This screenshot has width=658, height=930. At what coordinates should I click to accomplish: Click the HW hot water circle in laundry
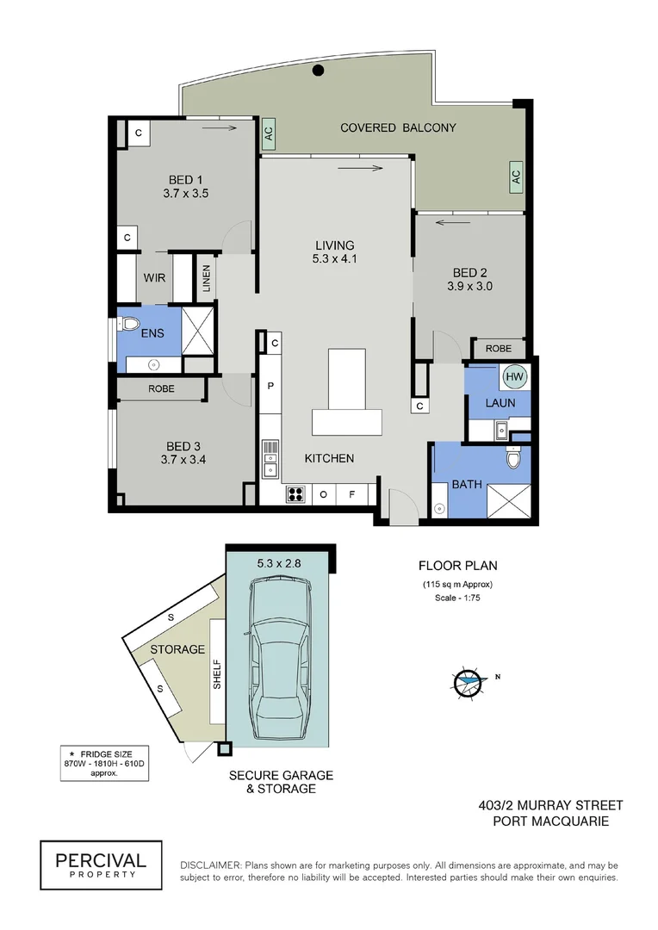514,376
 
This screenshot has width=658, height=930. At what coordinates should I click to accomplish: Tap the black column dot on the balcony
318,71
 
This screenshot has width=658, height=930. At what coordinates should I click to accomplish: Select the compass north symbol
466,681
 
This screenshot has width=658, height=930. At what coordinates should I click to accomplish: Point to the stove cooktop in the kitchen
295,494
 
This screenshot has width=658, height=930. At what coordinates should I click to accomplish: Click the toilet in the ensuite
129,325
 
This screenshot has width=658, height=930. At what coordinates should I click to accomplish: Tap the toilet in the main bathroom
513,461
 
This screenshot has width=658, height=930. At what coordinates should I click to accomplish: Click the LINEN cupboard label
207,279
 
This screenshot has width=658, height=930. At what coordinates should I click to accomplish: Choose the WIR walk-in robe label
155,278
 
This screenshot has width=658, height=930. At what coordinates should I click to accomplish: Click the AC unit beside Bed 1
268,133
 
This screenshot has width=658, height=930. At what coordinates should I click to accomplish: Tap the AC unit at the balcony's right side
515,176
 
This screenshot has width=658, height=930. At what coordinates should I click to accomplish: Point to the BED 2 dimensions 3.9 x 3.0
470,286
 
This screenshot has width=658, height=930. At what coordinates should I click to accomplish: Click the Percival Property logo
101,865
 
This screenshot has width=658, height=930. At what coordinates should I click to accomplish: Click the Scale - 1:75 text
457,598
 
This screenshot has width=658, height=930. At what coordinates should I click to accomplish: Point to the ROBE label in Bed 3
161,388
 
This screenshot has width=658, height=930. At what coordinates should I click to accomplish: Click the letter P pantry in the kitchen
270,386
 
